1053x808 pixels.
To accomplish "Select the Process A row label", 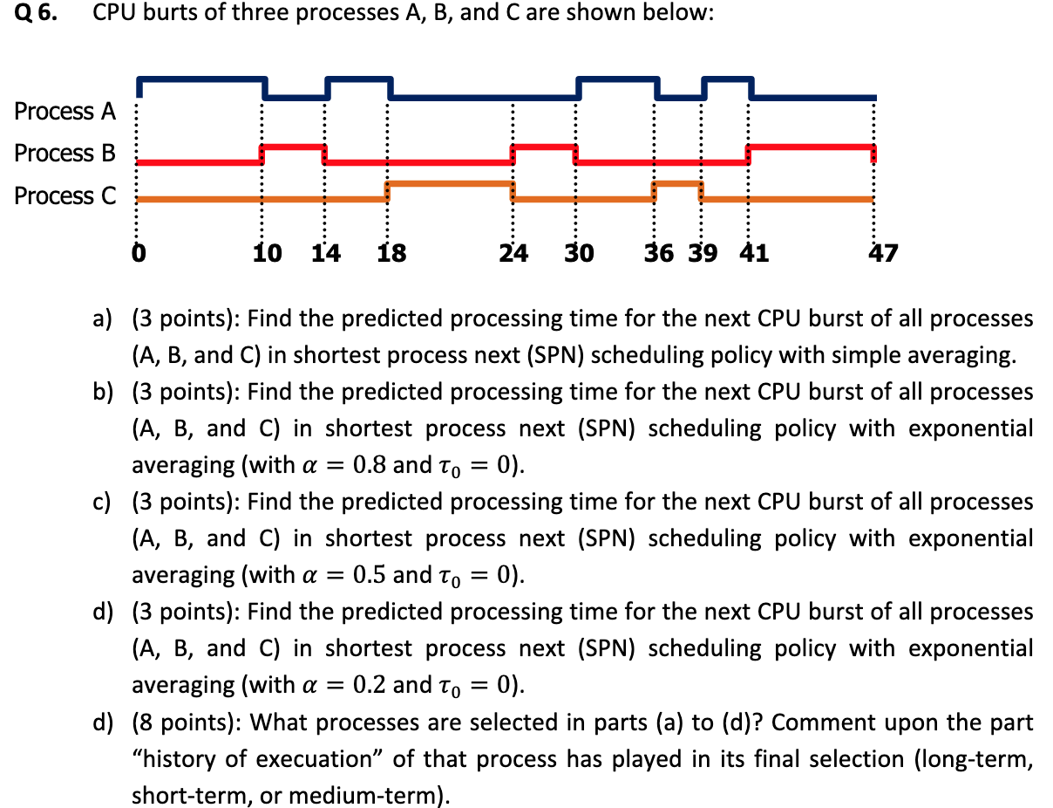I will click(x=65, y=112).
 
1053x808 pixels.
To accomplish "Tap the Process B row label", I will click(x=65, y=154).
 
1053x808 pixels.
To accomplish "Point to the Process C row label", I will click(x=65, y=195).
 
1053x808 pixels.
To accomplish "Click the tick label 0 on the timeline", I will click(x=137, y=254).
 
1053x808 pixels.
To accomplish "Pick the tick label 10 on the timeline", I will click(x=268, y=254).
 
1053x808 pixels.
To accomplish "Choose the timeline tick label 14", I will click(x=327, y=254).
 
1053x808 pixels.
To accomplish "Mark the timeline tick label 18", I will click(x=391, y=254).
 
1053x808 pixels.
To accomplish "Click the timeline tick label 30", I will click(x=579, y=254).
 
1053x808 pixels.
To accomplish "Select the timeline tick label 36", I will click(x=659, y=254).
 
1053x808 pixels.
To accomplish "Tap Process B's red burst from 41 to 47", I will click(x=811, y=147).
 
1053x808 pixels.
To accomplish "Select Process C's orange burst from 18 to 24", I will click(x=450, y=183).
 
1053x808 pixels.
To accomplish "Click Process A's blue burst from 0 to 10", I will click(x=201, y=79).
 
